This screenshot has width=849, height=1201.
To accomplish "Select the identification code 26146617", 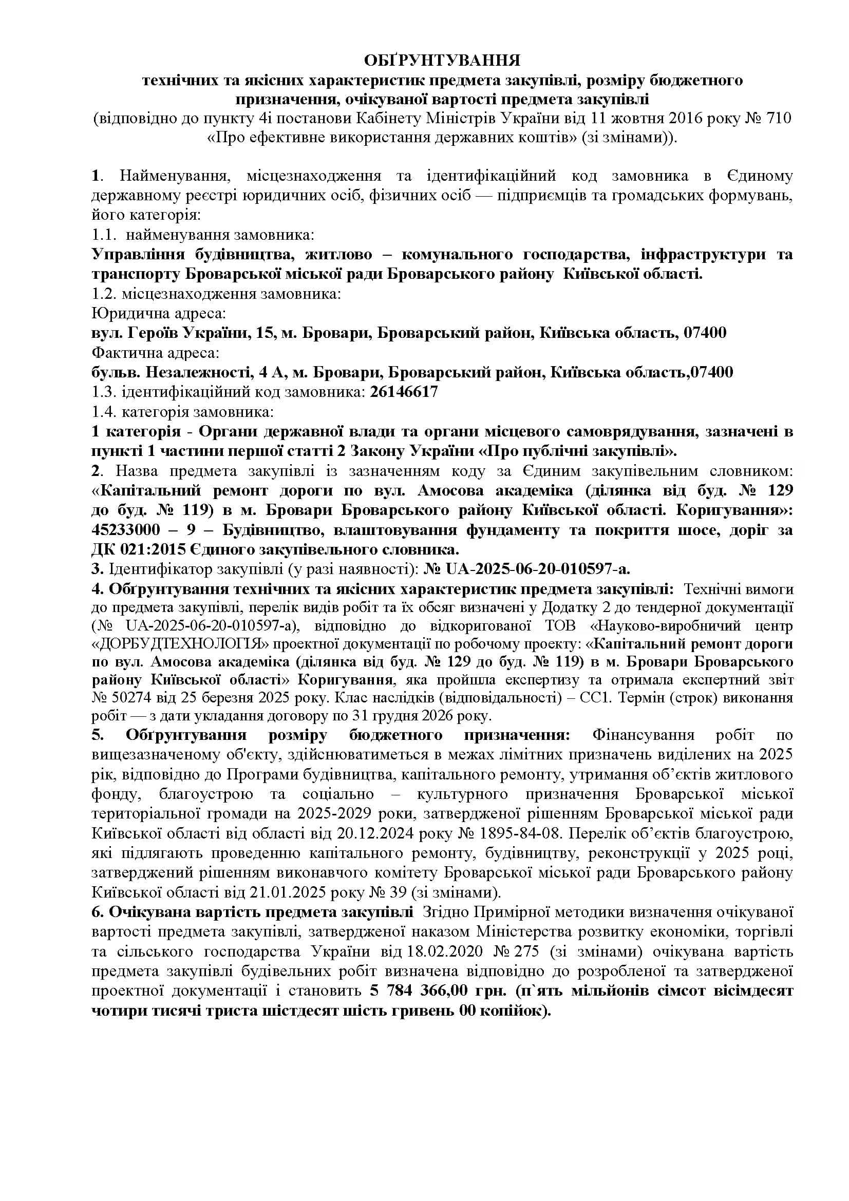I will tap(403, 392).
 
